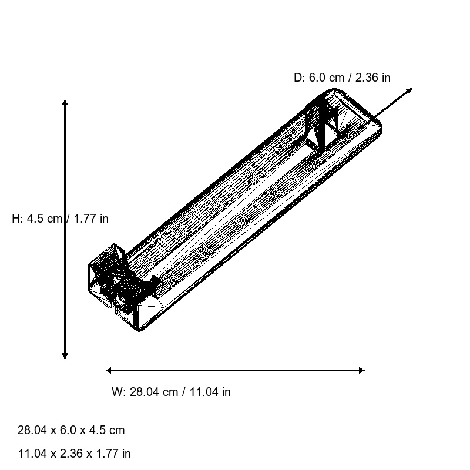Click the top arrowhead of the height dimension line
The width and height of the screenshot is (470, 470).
click(65, 103)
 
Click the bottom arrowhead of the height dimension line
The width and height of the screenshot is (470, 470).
click(65, 355)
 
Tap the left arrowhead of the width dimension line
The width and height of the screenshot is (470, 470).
click(109, 370)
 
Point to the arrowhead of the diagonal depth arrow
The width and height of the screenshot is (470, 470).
click(409, 90)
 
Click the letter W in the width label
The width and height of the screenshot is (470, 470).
click(116, 392)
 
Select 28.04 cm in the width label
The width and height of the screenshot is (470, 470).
click(153, 392)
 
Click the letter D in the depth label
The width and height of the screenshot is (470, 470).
click(298, 78)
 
